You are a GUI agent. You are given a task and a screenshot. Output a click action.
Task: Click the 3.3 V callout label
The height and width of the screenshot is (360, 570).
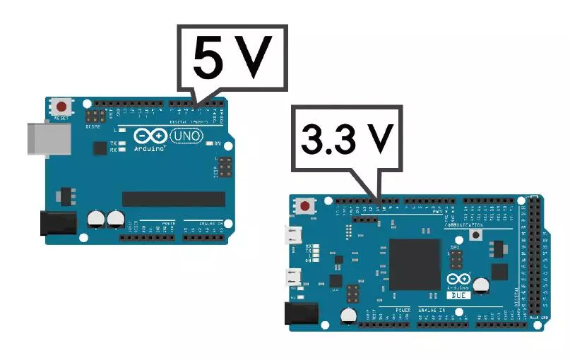click(346, 139)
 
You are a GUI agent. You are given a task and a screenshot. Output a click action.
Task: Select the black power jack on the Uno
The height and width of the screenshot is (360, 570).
click(58, 223)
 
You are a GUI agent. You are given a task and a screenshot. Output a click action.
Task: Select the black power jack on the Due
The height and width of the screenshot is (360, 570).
click(299, 313)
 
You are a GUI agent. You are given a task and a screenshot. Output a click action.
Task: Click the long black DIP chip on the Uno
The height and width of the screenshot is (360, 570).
click(174, 198)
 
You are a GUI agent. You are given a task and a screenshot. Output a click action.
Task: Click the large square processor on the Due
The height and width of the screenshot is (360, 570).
click(415, 263)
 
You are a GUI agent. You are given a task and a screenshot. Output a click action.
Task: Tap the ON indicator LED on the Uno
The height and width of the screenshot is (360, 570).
click(210, 144)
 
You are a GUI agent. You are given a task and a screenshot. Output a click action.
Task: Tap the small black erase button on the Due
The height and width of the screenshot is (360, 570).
click(477, 234)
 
